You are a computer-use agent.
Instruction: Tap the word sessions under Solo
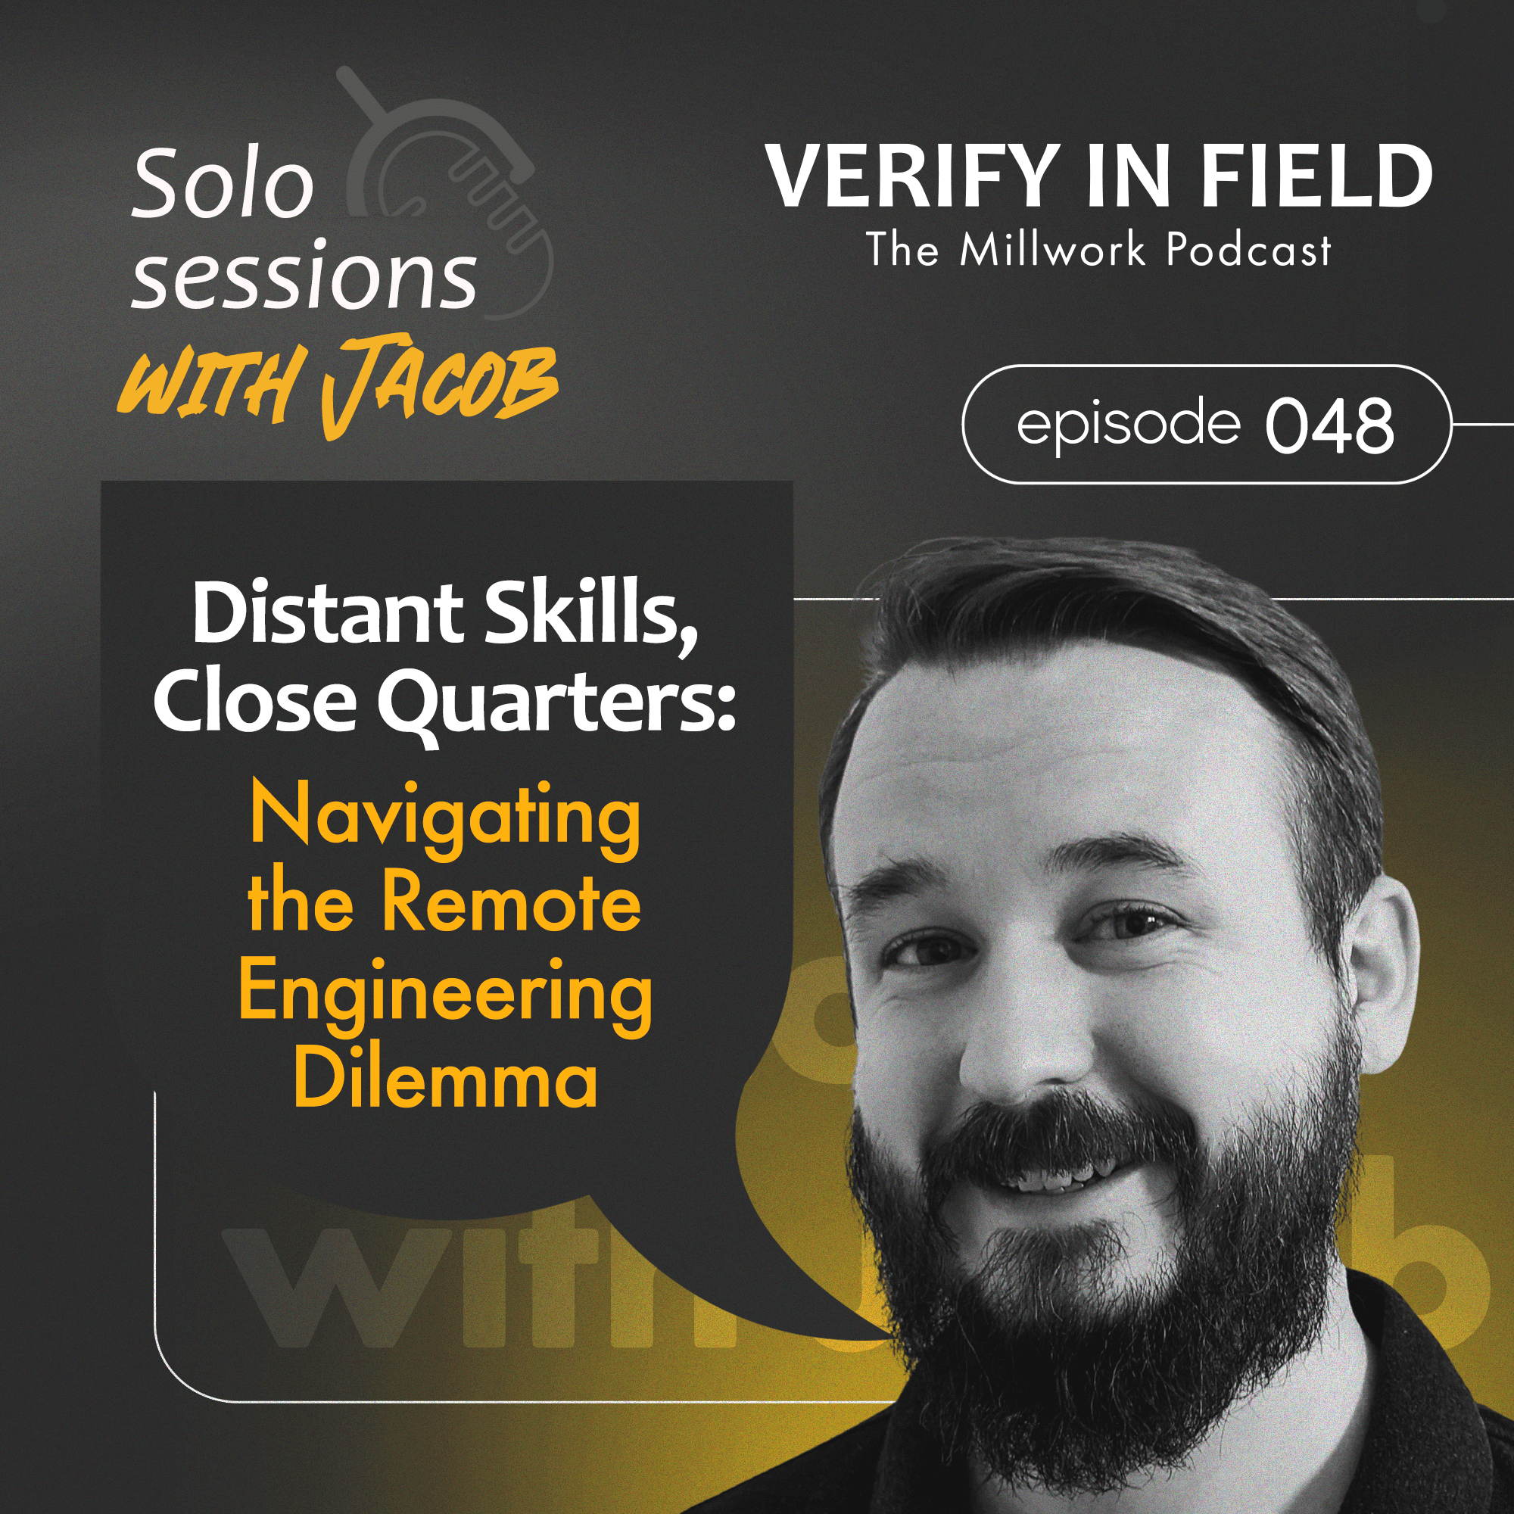point(304,278)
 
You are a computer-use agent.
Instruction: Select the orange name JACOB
point(439,385)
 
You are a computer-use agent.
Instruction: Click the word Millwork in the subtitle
point(1052,250)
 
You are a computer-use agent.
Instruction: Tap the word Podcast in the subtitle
point(1248,250)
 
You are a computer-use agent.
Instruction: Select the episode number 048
point(1330,425)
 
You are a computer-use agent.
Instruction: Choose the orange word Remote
point(511,904)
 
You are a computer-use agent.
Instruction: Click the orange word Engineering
point(445,994)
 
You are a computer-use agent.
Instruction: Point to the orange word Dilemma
point(445,1082)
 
